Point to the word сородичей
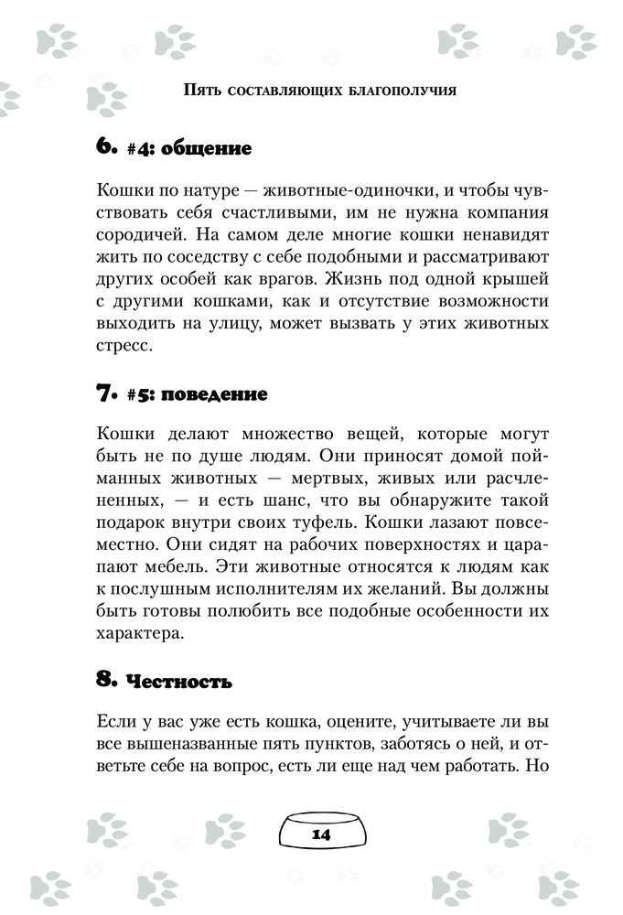136,236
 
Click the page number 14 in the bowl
320,834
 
